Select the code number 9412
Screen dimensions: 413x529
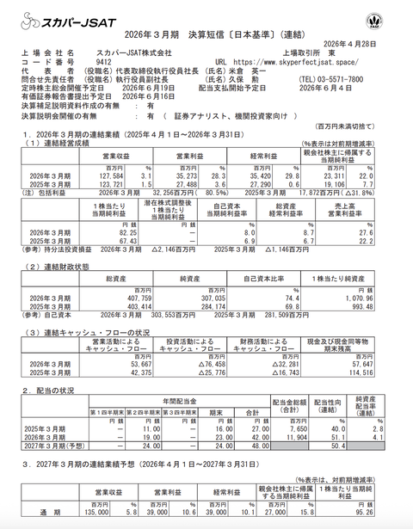point(103,62)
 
